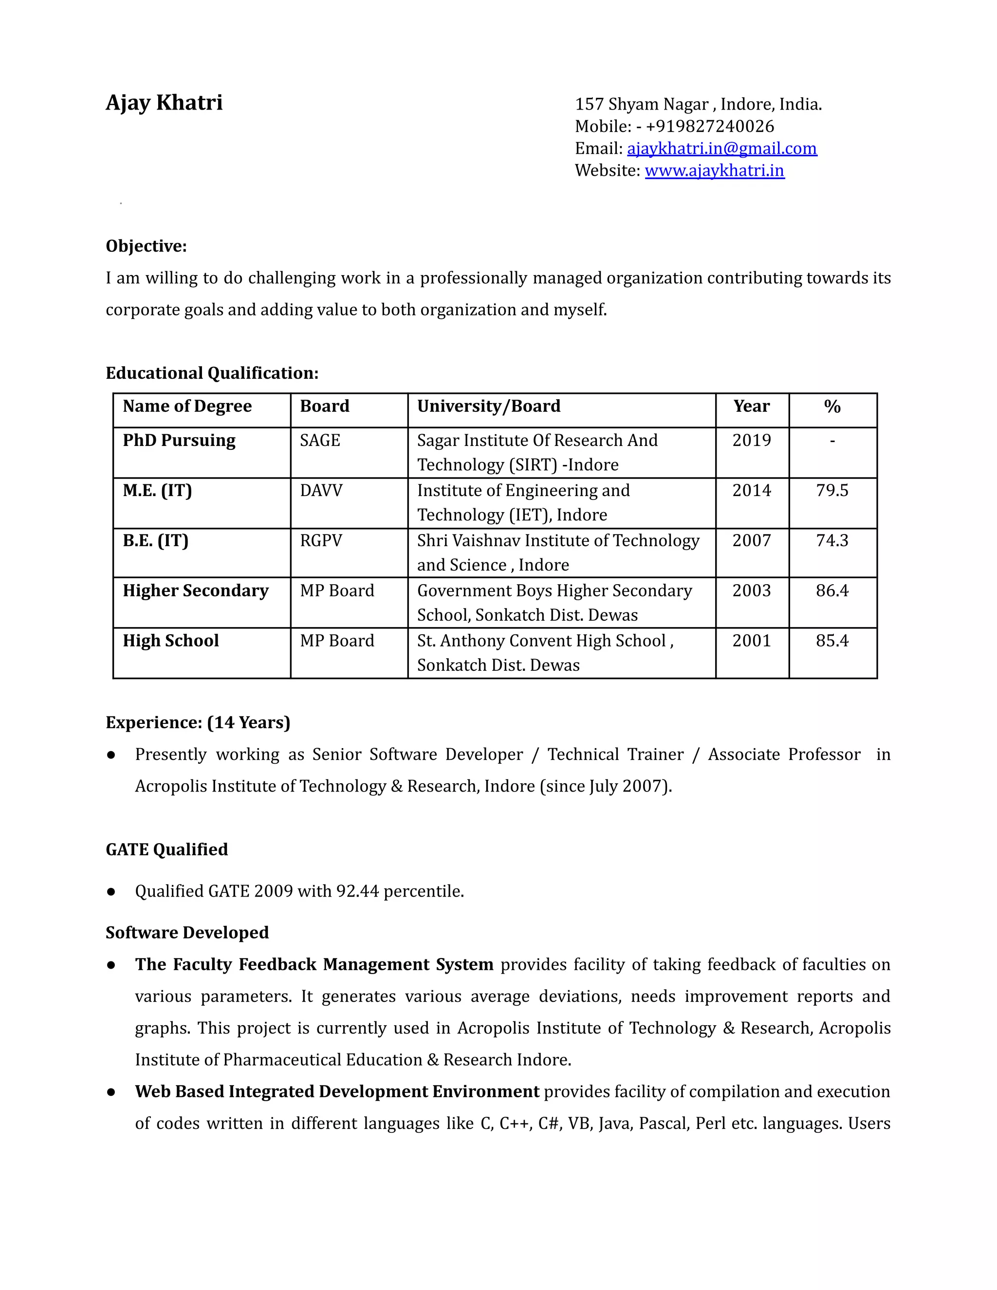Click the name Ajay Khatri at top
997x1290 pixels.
tap(164, 103)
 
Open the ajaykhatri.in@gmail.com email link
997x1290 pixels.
tap(722, 148)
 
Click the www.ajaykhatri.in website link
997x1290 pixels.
tap(714, 171)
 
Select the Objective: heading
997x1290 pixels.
tap(146, 246)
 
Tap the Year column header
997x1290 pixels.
tap(751, 406)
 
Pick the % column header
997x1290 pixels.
tap(831, 406)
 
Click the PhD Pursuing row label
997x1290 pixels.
tap(179, 441)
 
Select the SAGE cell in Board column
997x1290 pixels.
tap(319, 441)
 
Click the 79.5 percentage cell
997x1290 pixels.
tap(831, 490)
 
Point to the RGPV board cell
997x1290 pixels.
tap(321, 540)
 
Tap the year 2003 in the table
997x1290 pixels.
tap(751, 590)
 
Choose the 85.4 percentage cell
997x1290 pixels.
tap(831, 641)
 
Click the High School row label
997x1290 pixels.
tap(171, 641)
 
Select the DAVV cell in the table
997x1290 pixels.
tap(321, 490)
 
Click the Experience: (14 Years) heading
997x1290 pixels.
tap(198, 722)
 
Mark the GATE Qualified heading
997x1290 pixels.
tap(166, 849)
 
